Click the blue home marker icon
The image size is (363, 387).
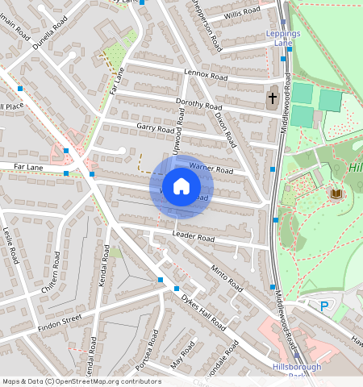tap(181, 187)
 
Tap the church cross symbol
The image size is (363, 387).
tap(273, 99)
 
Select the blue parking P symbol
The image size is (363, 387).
tap(324, 306)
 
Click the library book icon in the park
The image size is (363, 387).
tap(336, 193)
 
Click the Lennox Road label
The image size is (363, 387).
tap(207, 73)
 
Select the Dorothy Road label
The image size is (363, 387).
tap(198, 105)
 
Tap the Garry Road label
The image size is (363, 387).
tap(156, 128)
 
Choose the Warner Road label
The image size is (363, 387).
tap(211, 171)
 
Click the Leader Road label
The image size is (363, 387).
tap(194, 236)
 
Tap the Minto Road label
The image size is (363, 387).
tap(227, 277)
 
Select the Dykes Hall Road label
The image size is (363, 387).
tap(203, 312)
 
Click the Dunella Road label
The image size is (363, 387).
tap(49, 36)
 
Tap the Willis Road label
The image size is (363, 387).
tap(243, 11)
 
